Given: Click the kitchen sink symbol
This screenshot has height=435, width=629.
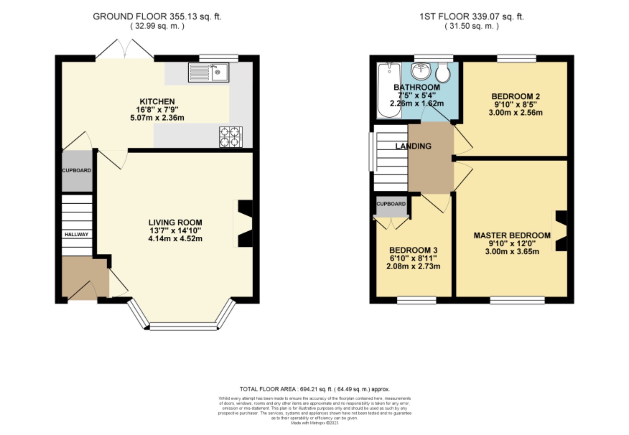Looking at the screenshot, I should [208, 72].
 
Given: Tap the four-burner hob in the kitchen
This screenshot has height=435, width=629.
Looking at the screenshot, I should [231, 137].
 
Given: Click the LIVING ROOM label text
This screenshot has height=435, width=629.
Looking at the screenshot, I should [175, 222].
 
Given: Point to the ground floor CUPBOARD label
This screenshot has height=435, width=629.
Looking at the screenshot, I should [77, 170].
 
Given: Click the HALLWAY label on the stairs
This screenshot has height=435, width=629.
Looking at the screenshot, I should [76, 234].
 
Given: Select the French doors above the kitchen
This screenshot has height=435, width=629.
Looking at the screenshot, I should [125, 48].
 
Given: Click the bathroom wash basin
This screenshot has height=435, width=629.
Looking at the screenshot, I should [421, 71].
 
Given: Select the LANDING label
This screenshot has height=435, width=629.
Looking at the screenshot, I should [413, 146].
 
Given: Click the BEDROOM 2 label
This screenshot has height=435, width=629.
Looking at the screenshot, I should [516, 96].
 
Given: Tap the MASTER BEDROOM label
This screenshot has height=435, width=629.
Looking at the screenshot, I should [512, 235].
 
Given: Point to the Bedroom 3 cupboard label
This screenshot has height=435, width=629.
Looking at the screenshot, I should [391, 204].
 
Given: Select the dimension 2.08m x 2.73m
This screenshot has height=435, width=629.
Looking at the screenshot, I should [413, 266].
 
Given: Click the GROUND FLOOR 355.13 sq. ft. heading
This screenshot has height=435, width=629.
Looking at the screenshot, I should [157, 16].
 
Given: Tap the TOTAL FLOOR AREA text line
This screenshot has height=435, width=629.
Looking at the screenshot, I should [315, 389].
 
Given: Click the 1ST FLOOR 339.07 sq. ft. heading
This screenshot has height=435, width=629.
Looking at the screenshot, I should [472, 16].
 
